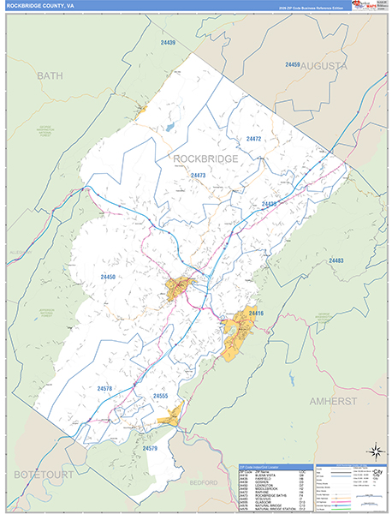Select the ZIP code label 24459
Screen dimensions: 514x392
[x=293, y=65]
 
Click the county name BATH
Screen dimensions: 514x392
[x=50, y=76]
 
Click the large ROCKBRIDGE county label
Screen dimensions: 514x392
[x=205, y=158]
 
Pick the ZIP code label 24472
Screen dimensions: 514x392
[x=253, y=138]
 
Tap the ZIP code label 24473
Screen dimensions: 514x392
[x=199, y=175]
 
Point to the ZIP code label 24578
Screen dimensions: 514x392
[x=104, y=389]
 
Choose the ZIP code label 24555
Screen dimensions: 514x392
[x=161, y=397]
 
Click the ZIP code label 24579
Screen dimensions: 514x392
[x=151, y=448]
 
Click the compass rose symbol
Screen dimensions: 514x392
[x=374, y=450]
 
